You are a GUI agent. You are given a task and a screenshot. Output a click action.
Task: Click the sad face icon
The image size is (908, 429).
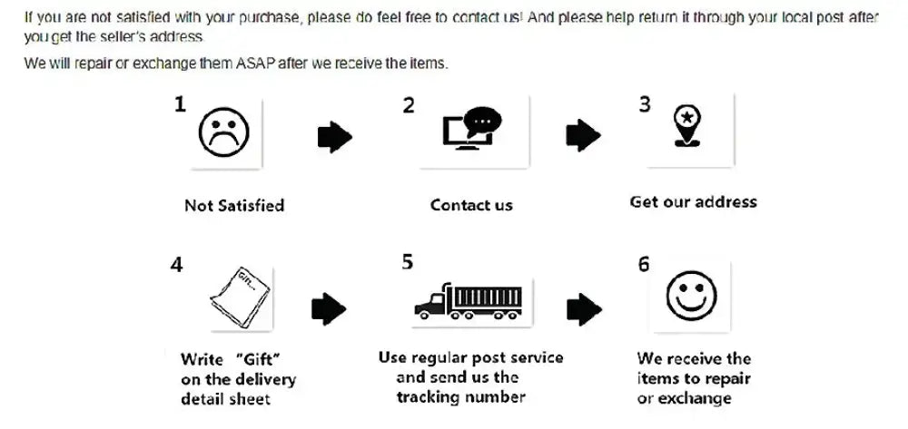pyautogui.click(x=223, y=133)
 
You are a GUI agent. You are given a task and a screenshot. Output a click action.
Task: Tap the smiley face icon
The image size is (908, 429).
pyautogui.click(x=691, y=296)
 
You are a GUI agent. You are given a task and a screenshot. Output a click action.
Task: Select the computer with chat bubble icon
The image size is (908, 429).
pyautogui.click(x=472, y=131)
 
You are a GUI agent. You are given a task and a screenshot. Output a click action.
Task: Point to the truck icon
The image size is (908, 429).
pyautogui.click(x=469, y=301)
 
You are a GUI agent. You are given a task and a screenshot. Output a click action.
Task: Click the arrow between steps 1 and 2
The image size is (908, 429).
pyautogui.click(x=334, y=138)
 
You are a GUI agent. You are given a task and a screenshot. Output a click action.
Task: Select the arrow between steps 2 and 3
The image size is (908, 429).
pyautogui.click(x=583, y=137)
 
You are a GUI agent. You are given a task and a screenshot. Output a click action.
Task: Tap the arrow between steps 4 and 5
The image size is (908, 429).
pyautogui.click(x=328, y=309)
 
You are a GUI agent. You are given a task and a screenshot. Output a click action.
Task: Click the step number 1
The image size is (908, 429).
pyautogui.click(x=180, y=105)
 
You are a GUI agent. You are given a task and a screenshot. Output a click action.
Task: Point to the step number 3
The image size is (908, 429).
pyautogui.click(x=645, y=104)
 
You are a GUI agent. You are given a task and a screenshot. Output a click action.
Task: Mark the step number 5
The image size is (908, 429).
pyautogui.click(x=408, y=262)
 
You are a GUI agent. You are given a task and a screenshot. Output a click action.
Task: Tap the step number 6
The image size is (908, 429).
pyautogui.click(x=644, y=264)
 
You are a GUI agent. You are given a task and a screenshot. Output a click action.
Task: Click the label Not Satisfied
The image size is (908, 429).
pyautogui.click(x=234, y=206)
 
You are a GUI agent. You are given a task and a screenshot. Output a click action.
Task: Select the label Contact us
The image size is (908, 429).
pyautogui.click(x=471, y=205)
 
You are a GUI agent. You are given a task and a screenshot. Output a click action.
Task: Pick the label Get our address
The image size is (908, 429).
pyautogui.click(x=693, y=201)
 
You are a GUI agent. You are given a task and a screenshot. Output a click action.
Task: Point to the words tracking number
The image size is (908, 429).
pyautogui.click(x=461, y=396)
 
